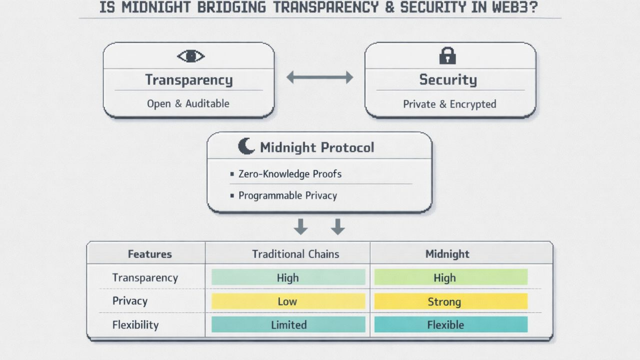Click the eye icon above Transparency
point(190,56)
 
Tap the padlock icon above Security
point(447,55)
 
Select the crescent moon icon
point(246,146)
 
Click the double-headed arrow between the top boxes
point(319,77)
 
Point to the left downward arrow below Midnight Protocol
point(300,226)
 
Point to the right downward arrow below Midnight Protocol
point(338,226)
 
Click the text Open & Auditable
point(188,104)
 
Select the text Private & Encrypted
point(449,104)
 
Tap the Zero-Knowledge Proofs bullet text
point(290,174)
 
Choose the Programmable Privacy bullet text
point(287,195)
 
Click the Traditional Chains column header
point(295,254)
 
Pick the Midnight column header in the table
point(447,254)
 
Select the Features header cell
point(149,254)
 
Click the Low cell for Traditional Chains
point(288,301)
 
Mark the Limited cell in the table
point(288,324)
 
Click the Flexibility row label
point(135,325)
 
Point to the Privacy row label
point(129,301)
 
